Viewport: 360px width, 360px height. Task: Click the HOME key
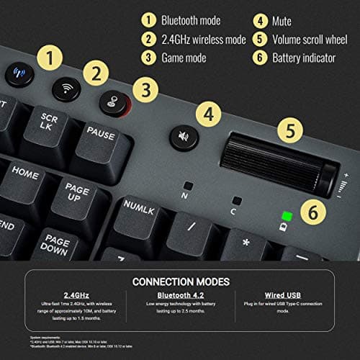(x=26, y=174)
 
